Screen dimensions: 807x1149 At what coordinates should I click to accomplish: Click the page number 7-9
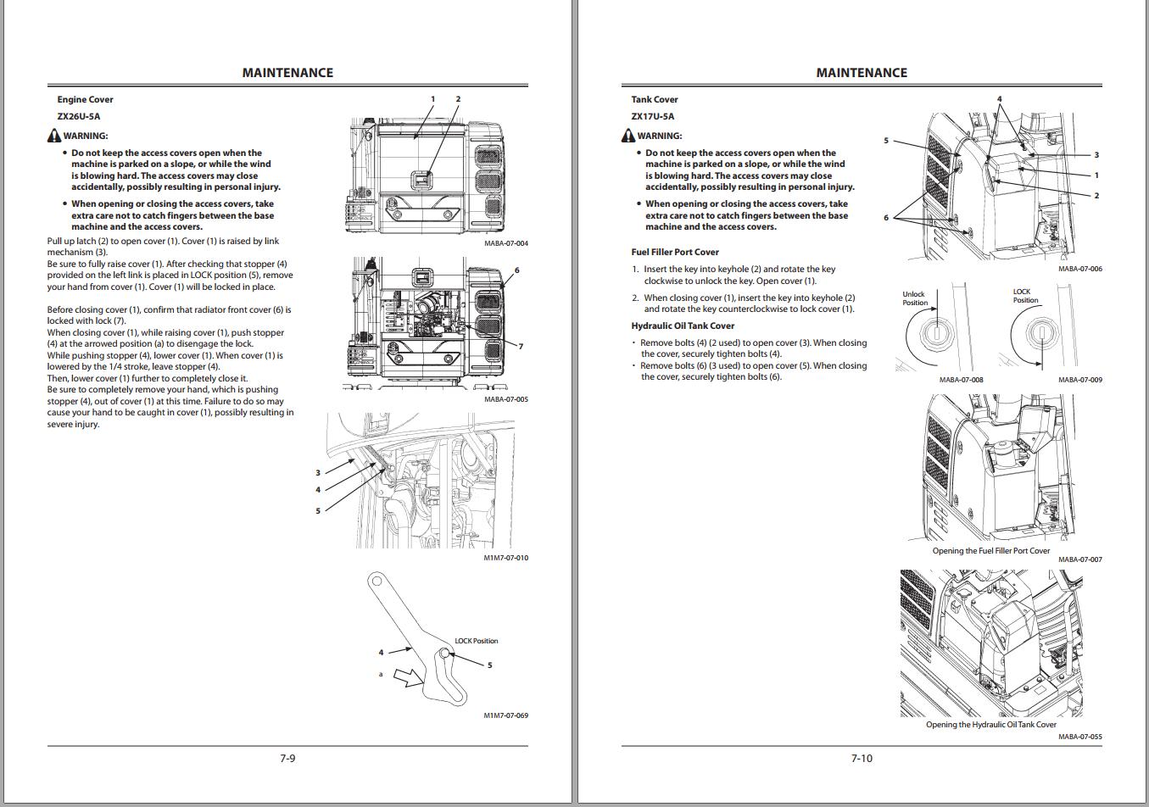(287, 758)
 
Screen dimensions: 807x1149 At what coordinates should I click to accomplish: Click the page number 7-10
(862, 758)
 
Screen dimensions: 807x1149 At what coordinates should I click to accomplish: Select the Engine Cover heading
(85, 99)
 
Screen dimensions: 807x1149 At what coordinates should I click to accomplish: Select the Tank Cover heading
(655, 99)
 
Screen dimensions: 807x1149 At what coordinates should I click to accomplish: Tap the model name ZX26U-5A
(79, 116)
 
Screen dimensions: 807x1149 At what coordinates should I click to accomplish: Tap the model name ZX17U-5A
(653, 116)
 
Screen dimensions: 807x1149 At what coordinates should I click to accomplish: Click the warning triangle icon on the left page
(54, 136)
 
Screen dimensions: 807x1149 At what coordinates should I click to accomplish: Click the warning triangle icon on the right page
(628, 136)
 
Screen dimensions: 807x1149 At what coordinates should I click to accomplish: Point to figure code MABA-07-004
(505, 243)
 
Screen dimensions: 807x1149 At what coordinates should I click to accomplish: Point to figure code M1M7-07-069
(505, 715)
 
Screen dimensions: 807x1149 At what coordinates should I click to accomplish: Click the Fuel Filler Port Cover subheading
(675, 252)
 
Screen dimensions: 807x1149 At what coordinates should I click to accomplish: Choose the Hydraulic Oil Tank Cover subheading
(683, 326)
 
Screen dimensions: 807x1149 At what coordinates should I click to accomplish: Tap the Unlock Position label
(914, 298)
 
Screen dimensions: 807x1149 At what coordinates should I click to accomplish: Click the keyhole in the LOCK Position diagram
(1040, 331)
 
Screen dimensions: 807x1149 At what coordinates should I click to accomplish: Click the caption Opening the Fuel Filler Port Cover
(990, 550)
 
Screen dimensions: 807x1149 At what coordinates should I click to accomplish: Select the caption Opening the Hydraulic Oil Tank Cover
(990, 724)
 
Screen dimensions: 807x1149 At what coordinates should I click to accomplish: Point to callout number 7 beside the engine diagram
(521, 346)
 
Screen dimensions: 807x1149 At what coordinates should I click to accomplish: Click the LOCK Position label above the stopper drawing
(477, 641)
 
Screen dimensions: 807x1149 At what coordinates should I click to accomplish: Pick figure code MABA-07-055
(1079, 737)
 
